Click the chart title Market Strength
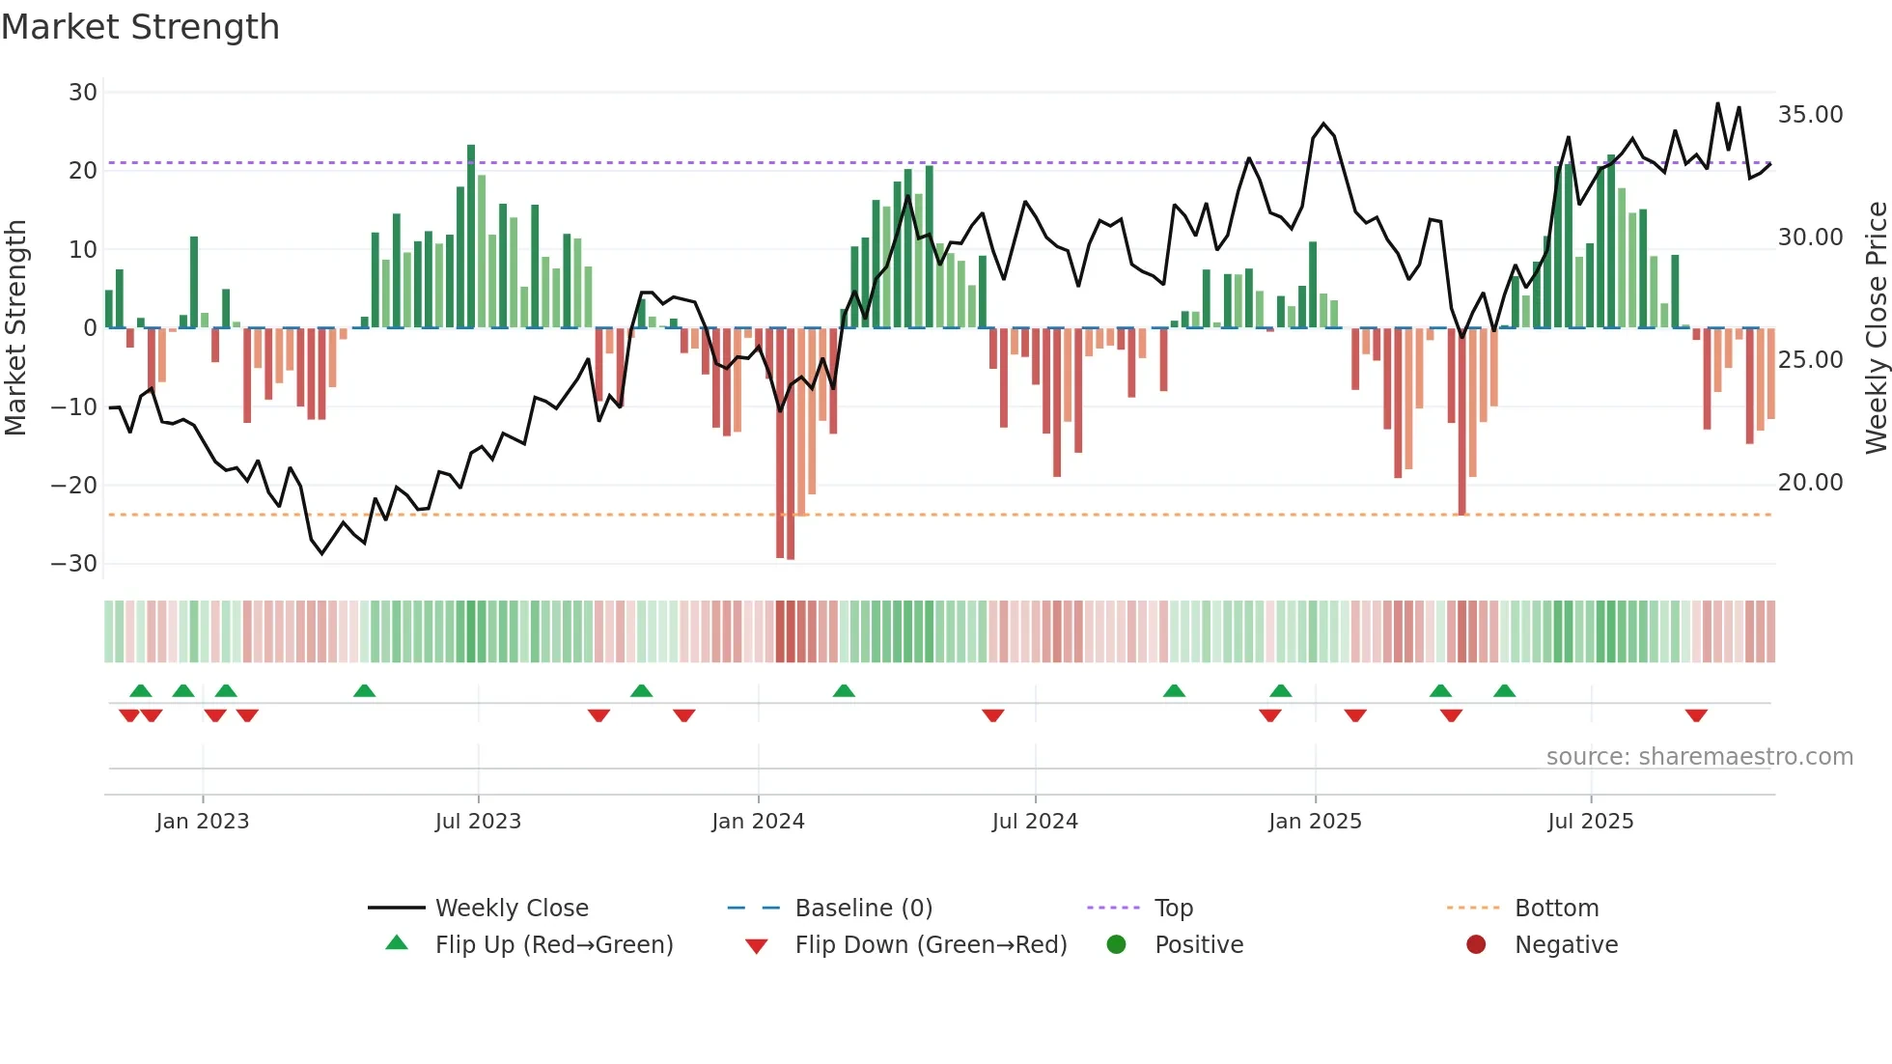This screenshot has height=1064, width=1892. coord(140,27)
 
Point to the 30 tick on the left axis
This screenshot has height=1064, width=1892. coord(83,93)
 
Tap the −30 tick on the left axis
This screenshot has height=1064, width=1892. coord(74,564)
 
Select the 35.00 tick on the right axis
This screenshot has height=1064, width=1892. coord(1810,115)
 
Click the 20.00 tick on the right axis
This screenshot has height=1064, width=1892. coord(1810,483)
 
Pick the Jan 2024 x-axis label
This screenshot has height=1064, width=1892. coord(758,822)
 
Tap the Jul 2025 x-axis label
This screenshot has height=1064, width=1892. coord(1590,822)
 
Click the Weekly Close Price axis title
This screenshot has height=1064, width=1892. coord(1876,328)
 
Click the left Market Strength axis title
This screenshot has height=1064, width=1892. coord(15,328)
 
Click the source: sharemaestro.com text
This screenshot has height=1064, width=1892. coord(1699,757)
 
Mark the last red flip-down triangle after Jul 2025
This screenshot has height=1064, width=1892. coord(1696,715)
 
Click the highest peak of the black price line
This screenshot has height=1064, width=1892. coord(1717,103)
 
